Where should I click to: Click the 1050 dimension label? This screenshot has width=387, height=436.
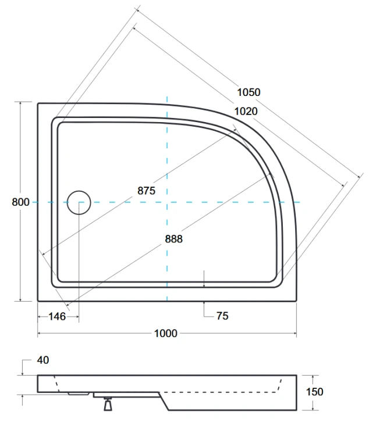coord(248,92)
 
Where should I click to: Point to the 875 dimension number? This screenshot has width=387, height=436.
coord(147,191)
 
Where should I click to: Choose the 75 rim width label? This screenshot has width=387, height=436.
coord(222,316)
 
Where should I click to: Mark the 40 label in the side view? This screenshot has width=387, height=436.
coord(42,360)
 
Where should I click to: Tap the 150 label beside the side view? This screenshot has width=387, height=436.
coord(314,392)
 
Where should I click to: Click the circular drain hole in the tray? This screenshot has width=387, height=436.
coord(79,202)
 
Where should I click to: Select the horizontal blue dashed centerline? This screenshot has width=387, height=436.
coord(233,202)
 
